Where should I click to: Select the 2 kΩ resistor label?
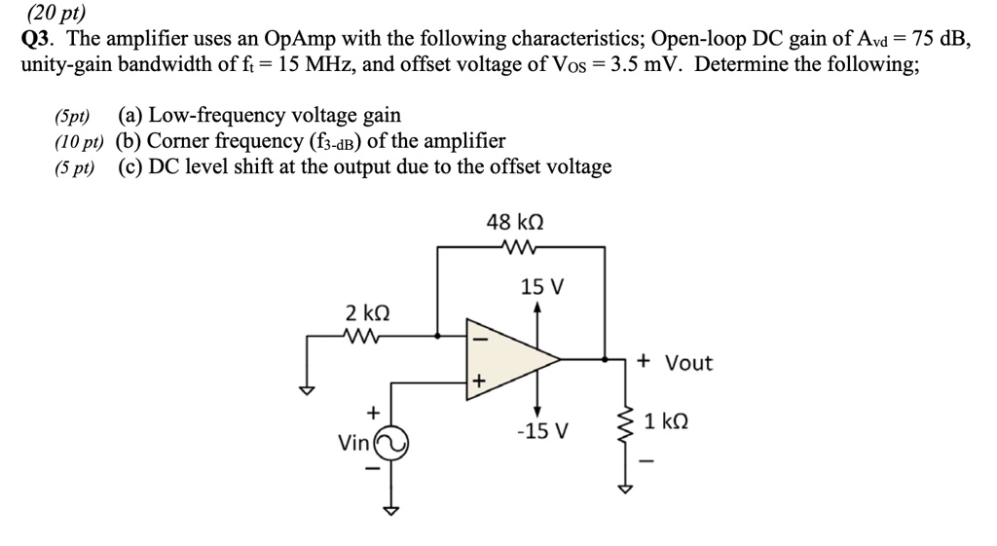pos(368,313)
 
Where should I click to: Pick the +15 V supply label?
pos(542,288)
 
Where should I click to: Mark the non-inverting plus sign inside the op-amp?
pos(477,382)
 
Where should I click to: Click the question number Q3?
pos(40,40)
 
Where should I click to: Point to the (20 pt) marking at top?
pos(55,13)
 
